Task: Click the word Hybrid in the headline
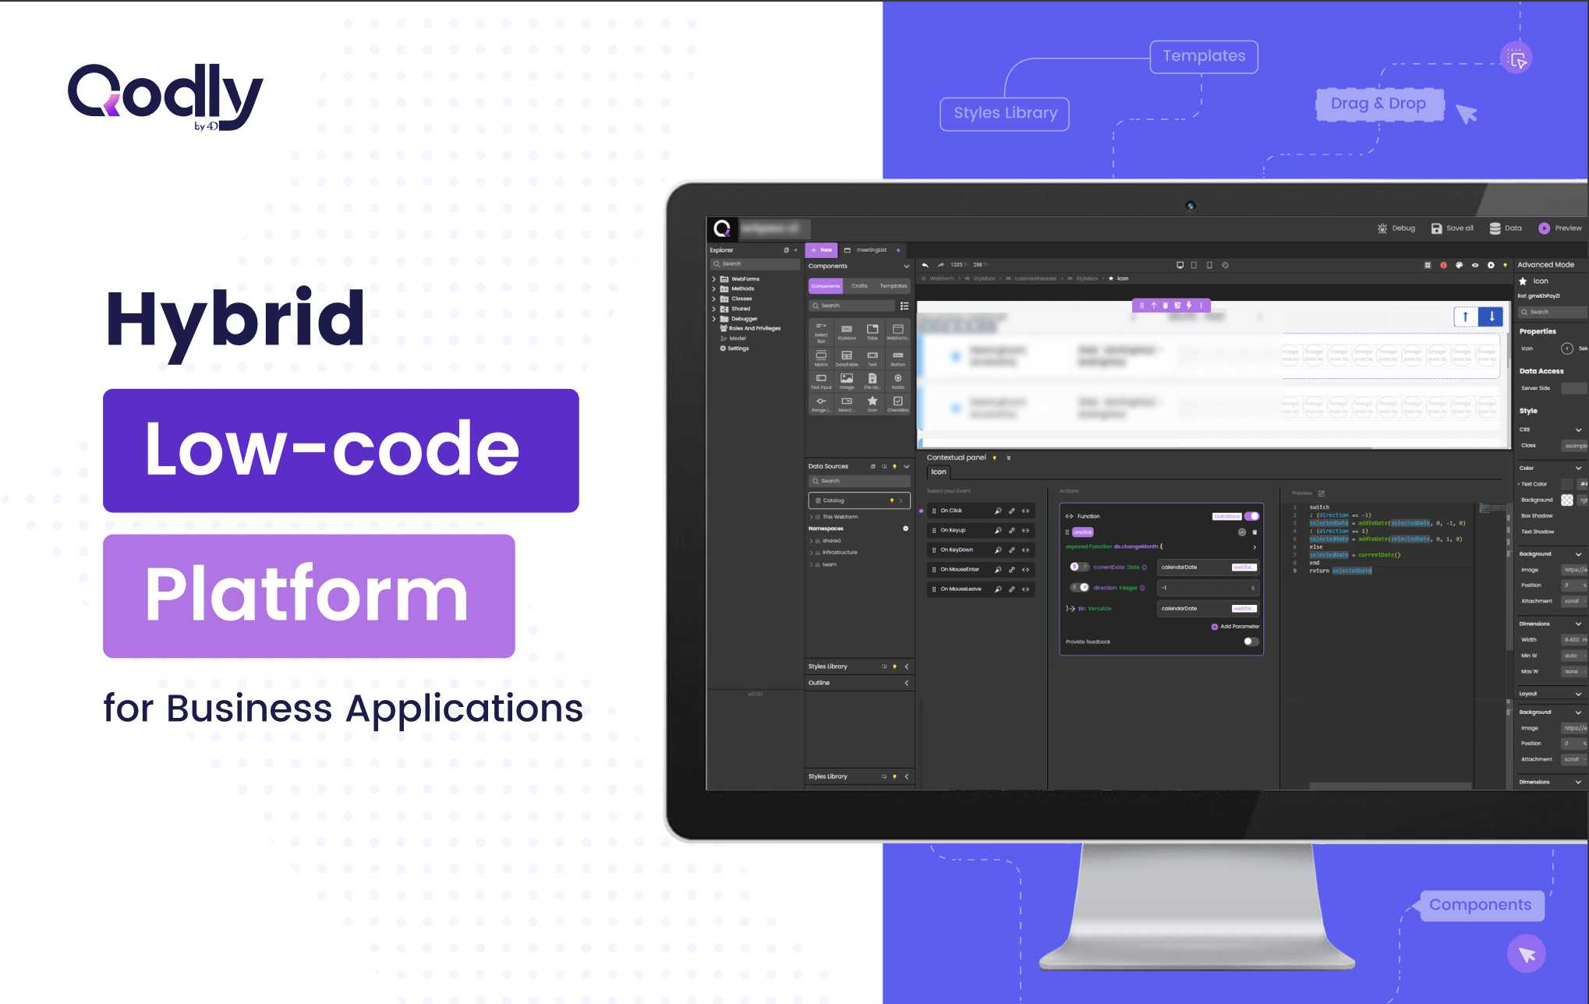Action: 235,320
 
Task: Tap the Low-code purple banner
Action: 341,451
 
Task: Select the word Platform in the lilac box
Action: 307,596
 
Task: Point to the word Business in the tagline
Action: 249,709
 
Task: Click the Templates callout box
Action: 1204,57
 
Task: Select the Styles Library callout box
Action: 1005,114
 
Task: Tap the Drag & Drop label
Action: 1378,104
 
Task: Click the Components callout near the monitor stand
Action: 1480,905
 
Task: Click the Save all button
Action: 1453,228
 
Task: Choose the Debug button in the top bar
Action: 1396,228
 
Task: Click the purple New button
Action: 822,250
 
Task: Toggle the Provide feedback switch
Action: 1251,642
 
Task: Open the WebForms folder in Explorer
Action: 745,279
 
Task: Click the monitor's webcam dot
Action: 1190,206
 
